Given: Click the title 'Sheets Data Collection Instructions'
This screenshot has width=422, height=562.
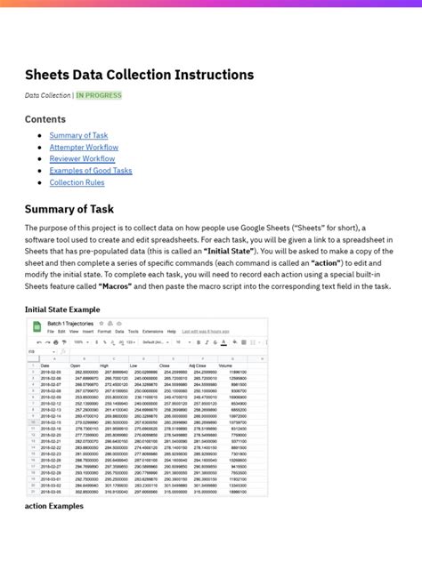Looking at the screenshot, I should point(139,75).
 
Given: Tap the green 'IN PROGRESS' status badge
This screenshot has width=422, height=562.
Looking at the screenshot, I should point(100,95).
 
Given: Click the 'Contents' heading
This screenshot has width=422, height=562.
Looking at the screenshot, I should point(45,119).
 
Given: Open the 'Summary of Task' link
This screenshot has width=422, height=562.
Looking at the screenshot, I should point(78,135).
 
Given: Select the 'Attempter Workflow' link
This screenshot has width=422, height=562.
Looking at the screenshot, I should point(84,147).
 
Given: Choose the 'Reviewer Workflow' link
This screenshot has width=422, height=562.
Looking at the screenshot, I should point(82,158).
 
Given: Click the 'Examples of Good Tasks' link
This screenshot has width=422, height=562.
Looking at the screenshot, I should point(91,170).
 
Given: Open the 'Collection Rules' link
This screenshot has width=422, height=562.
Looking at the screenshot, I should point(77,181).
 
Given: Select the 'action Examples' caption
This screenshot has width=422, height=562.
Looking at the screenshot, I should point(54,506).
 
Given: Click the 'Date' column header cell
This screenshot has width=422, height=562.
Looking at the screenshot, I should point(45,365).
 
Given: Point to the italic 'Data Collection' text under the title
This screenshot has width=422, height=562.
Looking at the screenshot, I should point(47,95).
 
